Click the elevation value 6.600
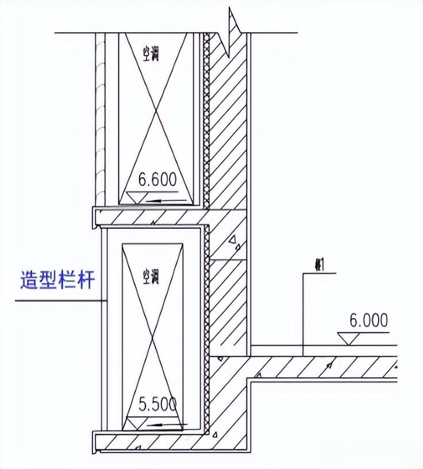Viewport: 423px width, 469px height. coord(153,180)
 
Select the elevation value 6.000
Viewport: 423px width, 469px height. coord(368,321)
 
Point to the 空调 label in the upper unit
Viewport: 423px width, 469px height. coord(151,53)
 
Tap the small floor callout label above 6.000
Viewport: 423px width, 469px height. coord(317,265)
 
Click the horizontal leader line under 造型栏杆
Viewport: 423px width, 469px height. coord(57,301)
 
